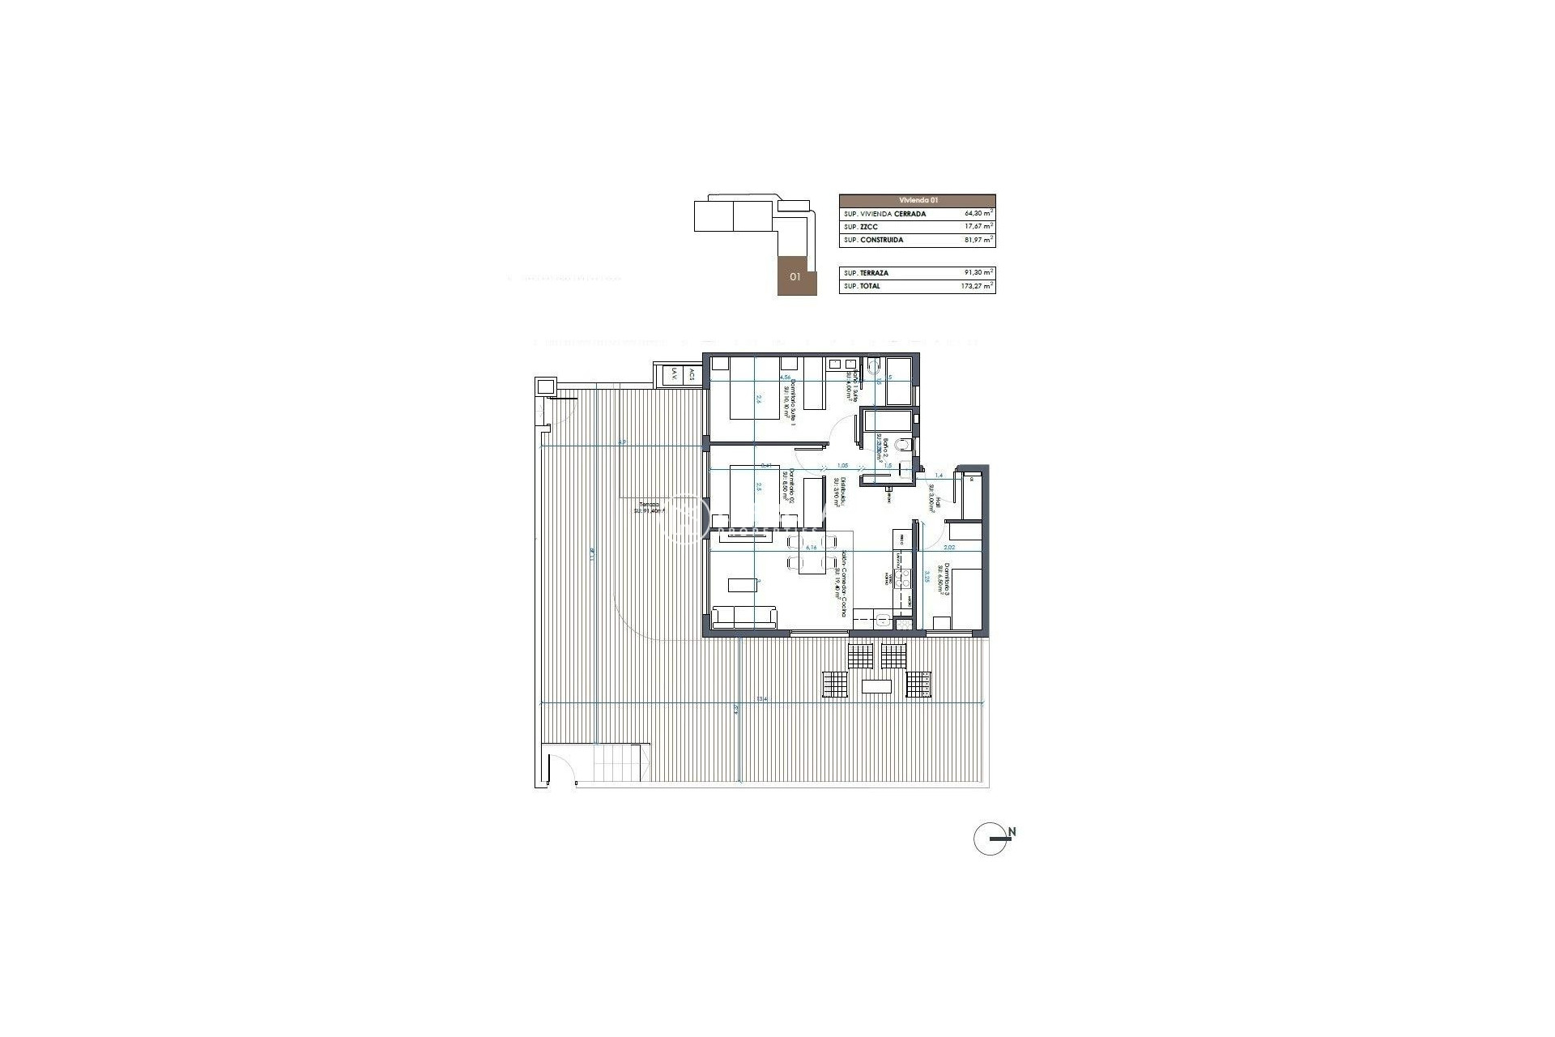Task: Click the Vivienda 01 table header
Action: tap(917, 200)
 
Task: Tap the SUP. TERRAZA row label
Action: tap(866, 273)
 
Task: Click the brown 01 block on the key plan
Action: tap(796, 276)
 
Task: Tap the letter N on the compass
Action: tap(1012, 832)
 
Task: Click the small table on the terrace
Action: tap(877, 686)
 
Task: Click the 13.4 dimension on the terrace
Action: tap(761, 698)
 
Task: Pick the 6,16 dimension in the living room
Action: tap(810, 548)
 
